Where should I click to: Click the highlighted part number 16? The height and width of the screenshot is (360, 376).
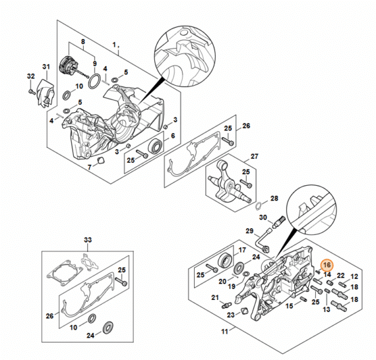pos(327,265)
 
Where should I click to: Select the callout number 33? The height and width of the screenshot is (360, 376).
pos(88,240)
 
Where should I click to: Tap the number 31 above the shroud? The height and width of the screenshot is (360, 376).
pos(46,67)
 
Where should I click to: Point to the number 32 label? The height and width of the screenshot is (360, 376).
pos(31,76)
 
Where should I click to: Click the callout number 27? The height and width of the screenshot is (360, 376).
pos(255,156)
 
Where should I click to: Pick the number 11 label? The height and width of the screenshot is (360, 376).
pos(224,332)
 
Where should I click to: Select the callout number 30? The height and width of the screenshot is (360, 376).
pos(263,218)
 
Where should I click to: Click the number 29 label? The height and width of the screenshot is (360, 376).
pos(249,231)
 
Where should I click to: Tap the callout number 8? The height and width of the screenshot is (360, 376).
pos(83,42)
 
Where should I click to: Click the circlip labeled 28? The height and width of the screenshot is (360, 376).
pos(259,206)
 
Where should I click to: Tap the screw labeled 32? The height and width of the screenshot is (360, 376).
pos(31,91)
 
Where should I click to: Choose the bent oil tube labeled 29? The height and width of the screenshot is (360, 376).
pos(261,241)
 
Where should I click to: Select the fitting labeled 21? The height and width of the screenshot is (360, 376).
pos(226,305)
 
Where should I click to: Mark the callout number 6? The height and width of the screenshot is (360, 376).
pos(173,136)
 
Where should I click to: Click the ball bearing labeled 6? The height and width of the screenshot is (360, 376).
pos(156,146)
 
